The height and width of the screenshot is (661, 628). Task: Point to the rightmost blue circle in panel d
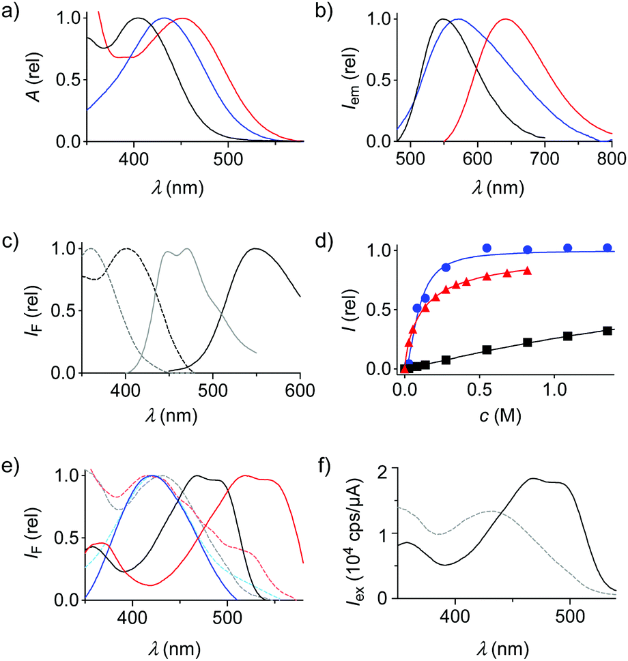pos(608,248)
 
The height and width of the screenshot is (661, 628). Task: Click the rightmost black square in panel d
pos(608,331)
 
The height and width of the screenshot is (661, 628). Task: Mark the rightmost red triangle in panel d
pos(528,271)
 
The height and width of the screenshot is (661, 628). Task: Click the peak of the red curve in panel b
pos(506,19)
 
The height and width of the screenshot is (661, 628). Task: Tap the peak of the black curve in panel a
pos(139,18)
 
